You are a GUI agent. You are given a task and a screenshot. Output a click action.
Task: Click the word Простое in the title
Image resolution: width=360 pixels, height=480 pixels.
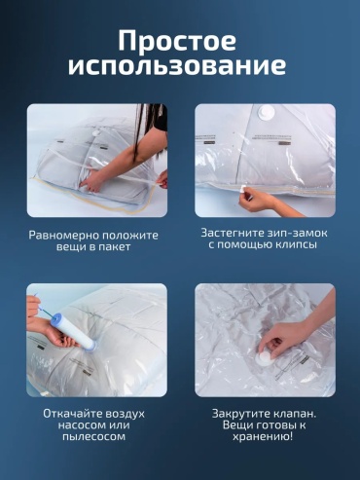pyautogui.click(x=177, y=41)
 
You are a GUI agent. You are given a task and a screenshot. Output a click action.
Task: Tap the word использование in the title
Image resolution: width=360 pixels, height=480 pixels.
pyautogui.click(x=177, y=66)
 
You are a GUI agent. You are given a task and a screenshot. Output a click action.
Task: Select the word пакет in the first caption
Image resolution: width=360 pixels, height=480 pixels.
pyautogui.click(x=114, y=246)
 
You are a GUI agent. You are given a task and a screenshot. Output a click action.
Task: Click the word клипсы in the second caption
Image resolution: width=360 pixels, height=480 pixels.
pyautogui.click(x=296, y=244)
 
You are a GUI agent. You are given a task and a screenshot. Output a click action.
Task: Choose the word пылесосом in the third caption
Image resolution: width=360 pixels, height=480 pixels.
pyautogui.click(x=93, y=436)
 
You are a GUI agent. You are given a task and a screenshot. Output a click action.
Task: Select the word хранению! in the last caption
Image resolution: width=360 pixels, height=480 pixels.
pyautogui.click(x=263, y=436)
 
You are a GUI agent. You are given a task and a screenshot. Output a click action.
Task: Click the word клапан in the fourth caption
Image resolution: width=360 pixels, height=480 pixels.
pyautogui.click(x=293, y=414)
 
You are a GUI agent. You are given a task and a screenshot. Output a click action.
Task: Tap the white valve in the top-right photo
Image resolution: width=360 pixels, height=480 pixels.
pyautogui.click(x=266, y=113)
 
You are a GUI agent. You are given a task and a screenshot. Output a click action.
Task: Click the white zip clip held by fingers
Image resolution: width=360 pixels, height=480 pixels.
pyautogui.click(x=244, y=189)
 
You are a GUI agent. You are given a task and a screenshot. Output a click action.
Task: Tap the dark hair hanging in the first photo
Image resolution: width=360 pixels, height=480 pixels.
pyautogui.click(x=148, y=129)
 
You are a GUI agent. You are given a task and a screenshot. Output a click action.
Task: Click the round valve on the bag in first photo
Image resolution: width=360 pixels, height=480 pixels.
pyautogui.click(x=96, y=133)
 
